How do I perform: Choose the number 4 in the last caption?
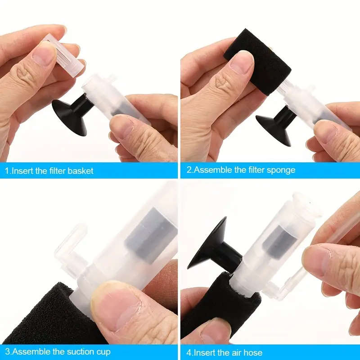point(188,352)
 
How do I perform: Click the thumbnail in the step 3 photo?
point(110,299)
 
